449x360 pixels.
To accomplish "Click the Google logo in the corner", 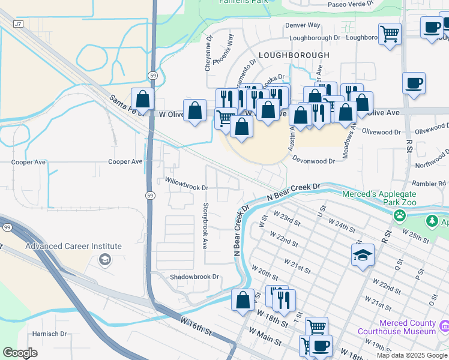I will click(20, 353).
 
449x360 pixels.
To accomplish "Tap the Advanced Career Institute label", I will click(73, 247).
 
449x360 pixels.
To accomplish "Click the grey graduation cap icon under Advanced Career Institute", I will click(105, 259).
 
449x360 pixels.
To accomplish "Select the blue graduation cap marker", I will click(363, 256).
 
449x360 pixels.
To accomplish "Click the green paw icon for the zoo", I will click(399, 215).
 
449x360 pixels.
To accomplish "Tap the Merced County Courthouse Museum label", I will click(397, 327).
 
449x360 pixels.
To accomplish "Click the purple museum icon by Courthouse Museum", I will click(444, 327).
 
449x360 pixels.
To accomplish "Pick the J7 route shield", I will click(18, 24).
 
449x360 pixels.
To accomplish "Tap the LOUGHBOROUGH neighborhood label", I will click(294, 55).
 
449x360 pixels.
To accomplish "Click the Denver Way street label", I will click(303, 25).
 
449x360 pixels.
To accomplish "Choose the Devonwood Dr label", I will click(314, 161).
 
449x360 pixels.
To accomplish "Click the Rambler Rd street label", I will click(428, 184).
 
